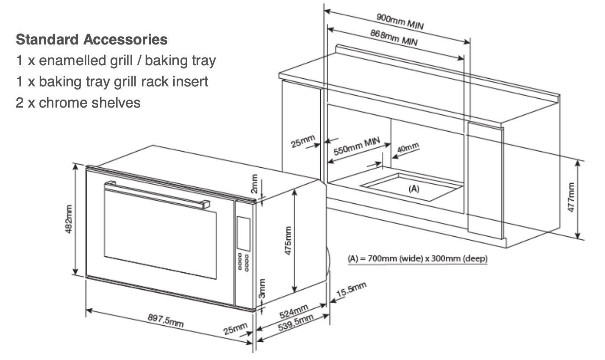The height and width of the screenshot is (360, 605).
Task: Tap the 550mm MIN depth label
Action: tap(356, 146)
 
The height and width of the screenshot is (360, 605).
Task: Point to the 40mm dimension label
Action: tap(408, 149)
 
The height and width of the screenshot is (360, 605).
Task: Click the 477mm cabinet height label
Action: tap(571, 198)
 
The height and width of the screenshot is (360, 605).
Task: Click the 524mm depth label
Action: tap(294, 312)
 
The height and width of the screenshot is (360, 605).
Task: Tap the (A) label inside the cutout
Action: tap(414, 188)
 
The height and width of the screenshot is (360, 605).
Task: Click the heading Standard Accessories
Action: tap(92, 40)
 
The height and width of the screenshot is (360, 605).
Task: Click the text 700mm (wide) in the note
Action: tap(392, 258)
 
